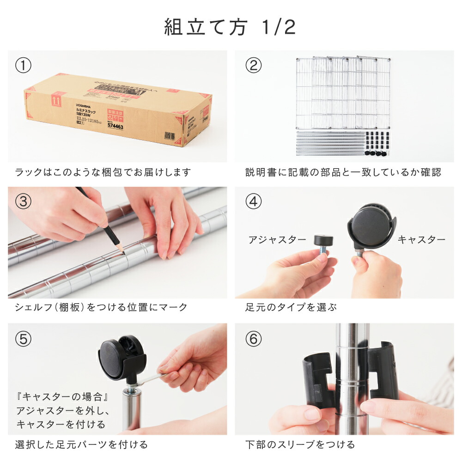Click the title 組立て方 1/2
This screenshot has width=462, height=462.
pyautogui.click(x=230, y=27)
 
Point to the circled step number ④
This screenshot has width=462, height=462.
pyautogui.click(x=253, y=202)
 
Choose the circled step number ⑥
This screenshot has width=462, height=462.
pyautogui.click(x=253, y=339)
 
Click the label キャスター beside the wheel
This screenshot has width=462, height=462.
pyautogui.click(x=421, y=240)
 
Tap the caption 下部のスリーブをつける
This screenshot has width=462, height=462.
pyautogui.click(x=300, y=444)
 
